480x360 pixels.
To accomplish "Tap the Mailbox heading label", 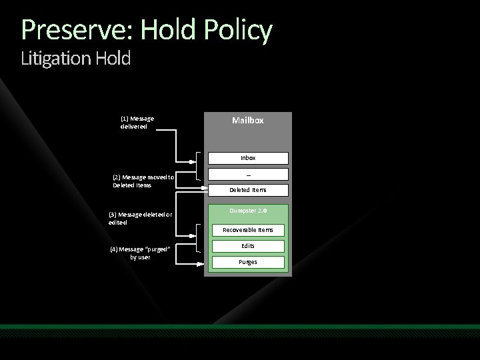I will pyautogui.click(x=247, y=121).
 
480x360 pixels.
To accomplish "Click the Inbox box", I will pyautogui.click(x=247, y=158).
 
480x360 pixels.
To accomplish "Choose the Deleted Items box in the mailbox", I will pyautogui.click(x=247, y=190).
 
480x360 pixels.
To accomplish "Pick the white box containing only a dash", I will pyautogui.click(x=247, y=174).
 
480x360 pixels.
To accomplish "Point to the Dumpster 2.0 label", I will pyautogui.click(x=247, y=211).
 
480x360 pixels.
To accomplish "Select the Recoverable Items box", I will pyautogui.click(x=247, y=230).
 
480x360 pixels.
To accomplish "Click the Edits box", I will pyautogui.click(x=247, y=246).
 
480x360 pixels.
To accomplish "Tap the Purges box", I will pyautogui.click(x=247, y=262).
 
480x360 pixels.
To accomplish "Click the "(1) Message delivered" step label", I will pyautogui.click(x=137, y=122).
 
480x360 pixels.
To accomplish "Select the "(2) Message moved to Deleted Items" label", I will pyautogui.click(x=143, y=181).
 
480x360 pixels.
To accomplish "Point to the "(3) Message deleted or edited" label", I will pyautogui.click(x=140, y=218).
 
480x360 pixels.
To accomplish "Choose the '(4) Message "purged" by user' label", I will pyautogui.click(x=139, y=253).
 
